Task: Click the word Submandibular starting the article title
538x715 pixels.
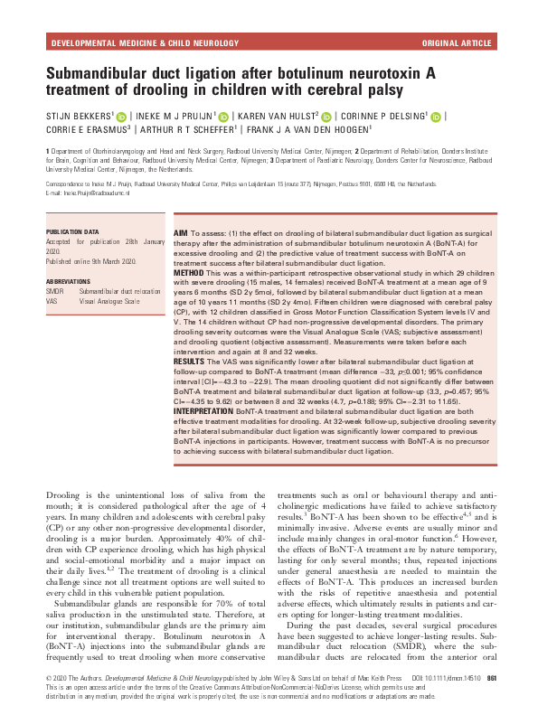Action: (105, 73)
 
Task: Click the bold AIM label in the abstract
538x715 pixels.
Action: (180, 233)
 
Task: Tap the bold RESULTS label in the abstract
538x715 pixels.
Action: (189, 360)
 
